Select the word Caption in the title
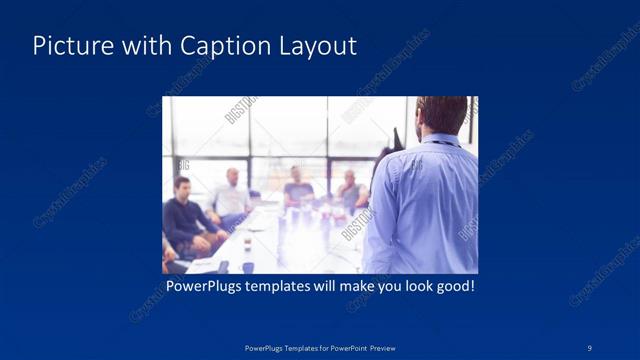point(219,46)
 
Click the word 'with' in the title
point(146,46)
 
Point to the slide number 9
point(590,347)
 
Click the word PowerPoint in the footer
point(347,348)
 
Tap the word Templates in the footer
point(290,348)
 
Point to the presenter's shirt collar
point(438,139)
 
